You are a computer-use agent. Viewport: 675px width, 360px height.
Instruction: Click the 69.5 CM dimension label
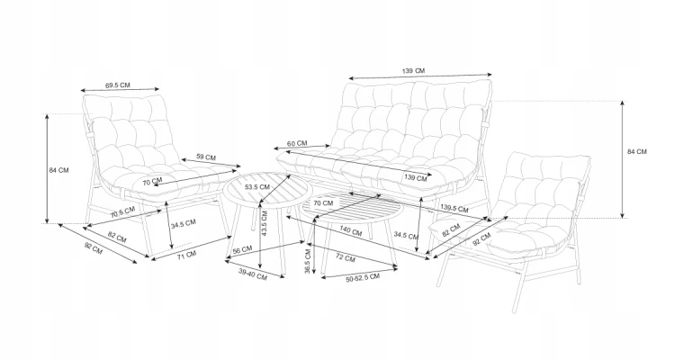[118, 85]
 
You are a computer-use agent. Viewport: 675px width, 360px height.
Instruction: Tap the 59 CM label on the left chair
[206, 157]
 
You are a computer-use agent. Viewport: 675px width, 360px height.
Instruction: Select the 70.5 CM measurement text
[122, 211]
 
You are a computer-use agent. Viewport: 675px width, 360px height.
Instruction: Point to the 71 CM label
[187, 255]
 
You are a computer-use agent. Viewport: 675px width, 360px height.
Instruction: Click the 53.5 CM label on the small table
[257, 187]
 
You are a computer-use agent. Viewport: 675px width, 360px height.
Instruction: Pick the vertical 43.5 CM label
[265, 223]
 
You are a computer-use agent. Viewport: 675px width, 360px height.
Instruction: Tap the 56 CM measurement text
[242, 250]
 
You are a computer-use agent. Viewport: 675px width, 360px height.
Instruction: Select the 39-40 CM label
[253, 274]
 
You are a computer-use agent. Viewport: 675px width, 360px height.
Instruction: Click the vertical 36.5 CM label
[308, 261]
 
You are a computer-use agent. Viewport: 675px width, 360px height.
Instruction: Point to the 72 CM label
[346, 258]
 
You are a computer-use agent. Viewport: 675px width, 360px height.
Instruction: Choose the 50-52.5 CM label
[363, 278]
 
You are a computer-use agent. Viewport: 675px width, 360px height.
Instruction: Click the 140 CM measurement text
[351, 230]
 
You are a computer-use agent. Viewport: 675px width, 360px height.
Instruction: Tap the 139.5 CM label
[454, 209]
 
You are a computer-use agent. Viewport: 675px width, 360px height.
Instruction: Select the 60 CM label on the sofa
[297, 143]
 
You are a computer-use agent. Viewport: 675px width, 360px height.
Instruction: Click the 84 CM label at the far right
[636, 151]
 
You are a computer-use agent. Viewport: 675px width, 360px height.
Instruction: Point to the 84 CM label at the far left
[58, 170]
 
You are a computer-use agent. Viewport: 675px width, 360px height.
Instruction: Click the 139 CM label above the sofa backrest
[413, 70]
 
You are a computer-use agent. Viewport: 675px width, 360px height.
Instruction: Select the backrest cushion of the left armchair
[130, 130]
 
